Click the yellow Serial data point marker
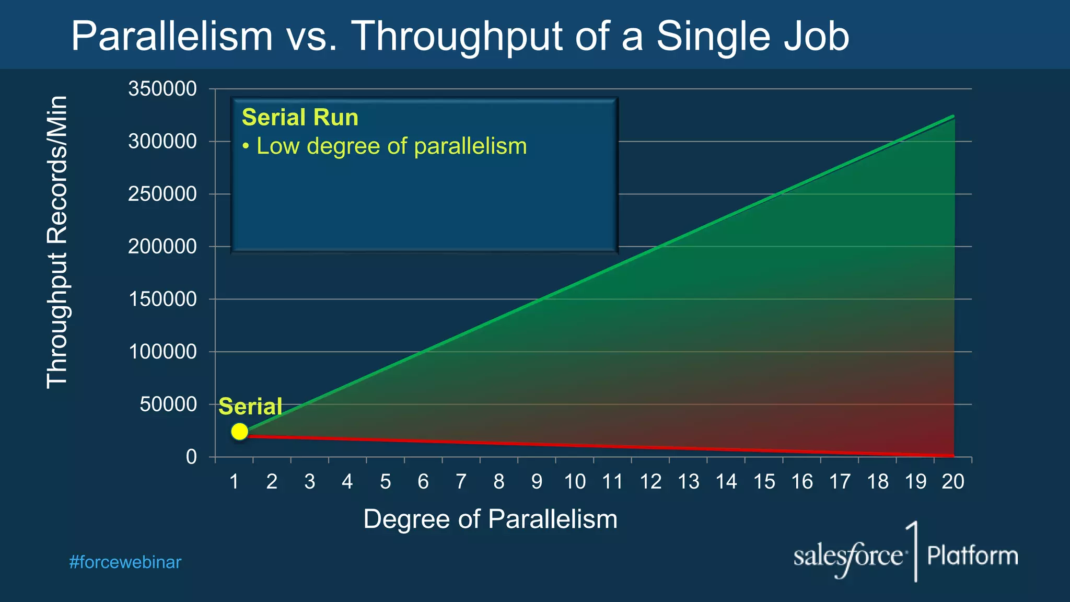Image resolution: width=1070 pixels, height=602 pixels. (239, 432)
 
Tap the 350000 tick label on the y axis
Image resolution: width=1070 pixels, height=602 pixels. (162, 89)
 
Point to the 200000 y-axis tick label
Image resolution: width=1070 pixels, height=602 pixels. (162, 247)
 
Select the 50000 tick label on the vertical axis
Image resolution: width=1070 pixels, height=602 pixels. (168, 404)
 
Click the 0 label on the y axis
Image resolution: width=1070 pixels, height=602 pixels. (191, 457)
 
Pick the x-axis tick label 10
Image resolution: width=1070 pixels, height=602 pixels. (575, 482)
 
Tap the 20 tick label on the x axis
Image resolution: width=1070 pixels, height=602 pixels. (953, 482)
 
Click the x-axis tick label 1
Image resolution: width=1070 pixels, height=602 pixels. (234, 482)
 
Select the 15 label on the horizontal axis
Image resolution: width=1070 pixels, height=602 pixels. (764, 482)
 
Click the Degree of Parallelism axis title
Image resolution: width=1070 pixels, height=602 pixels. (490, 519)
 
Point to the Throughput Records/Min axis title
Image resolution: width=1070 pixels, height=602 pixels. (57, 242)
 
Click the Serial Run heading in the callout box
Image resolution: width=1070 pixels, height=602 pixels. (300, 118)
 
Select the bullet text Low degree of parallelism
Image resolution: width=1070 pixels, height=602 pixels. (391, 146)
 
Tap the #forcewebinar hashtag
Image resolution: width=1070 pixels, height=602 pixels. (125, 562)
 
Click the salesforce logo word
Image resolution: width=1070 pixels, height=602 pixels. (847, 556)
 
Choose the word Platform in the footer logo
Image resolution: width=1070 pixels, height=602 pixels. (972, 555)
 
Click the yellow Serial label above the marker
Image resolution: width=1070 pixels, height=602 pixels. (250, 407)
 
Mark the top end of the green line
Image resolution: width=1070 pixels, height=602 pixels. (953, 116)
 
